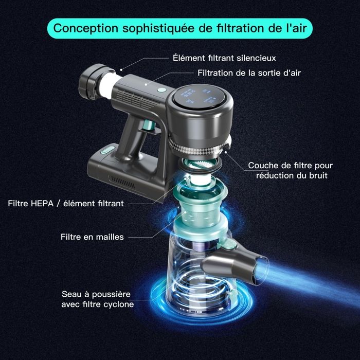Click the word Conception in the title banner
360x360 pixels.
[86, 28]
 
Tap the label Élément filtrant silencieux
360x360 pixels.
[224, 58]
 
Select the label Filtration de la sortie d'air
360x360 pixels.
[249, 73]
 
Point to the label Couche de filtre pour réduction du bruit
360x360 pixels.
[290, 170]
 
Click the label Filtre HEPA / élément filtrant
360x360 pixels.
[66, 204]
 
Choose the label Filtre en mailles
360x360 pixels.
[92, 237]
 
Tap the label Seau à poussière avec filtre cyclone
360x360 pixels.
[98, 299]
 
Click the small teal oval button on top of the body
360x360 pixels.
[163, 90]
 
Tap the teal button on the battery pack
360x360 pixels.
[107, 150]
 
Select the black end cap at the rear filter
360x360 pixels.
[92, 82]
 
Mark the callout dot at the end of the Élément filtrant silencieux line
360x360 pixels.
[121, 69]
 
